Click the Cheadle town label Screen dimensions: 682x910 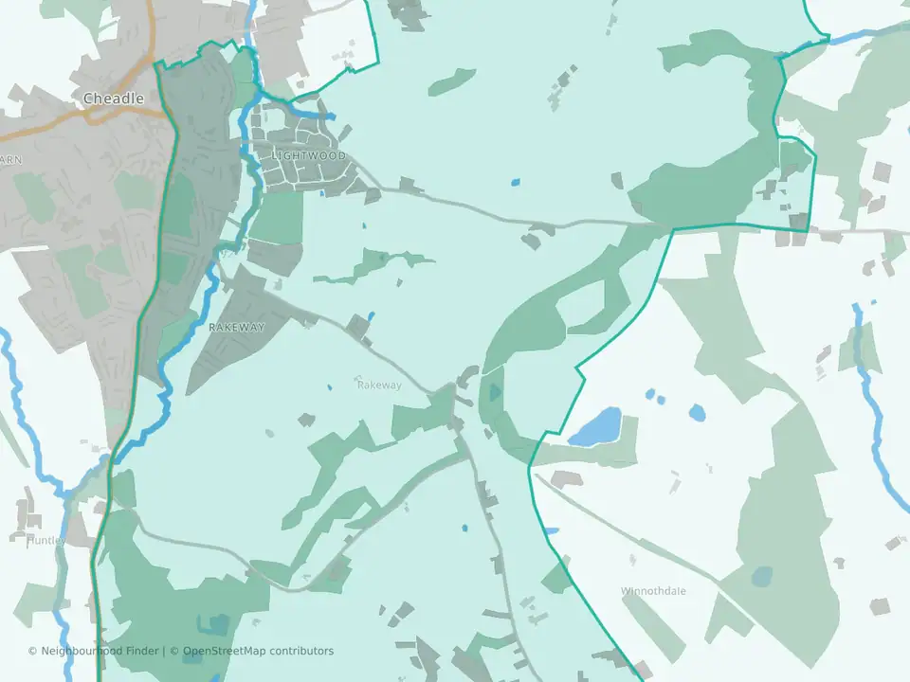click(114, 99)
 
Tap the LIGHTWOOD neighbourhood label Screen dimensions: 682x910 click(309, 155)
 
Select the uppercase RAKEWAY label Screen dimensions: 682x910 click(236, 327)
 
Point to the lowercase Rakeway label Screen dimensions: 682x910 click(379, 386)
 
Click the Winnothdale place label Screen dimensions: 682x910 click(653, 591)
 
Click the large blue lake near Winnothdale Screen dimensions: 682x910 click(595, 426)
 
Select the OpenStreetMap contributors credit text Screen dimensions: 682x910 click(258, 651)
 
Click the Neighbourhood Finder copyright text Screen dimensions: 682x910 click(95, 651)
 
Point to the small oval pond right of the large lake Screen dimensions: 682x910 click(697, 412)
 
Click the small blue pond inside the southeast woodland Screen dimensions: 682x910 click(761, 575)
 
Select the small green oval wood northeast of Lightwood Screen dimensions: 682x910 click(451, 81)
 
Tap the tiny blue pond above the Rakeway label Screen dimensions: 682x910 click(370, 315)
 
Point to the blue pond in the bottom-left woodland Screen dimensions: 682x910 click(217, 624)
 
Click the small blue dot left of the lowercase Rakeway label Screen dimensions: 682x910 click(329, 386)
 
